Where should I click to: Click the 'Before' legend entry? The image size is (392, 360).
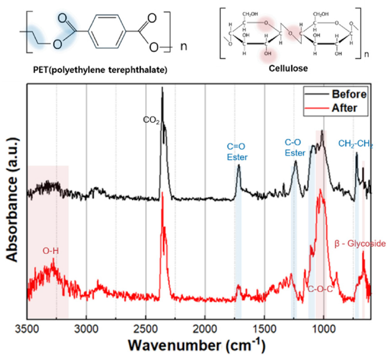click(x=348, y=94)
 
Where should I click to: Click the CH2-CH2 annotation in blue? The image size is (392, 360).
click(x=355, y=144)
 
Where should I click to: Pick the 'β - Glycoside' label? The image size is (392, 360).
click(x=360, y=243)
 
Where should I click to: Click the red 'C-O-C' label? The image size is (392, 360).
click(x=320, y=289)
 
